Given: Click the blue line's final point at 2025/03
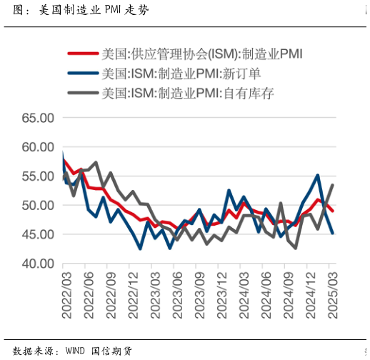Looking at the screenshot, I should coord(332,233).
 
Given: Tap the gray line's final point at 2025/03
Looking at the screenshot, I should coord(332,185).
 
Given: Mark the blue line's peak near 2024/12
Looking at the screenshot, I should coord(317,175).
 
